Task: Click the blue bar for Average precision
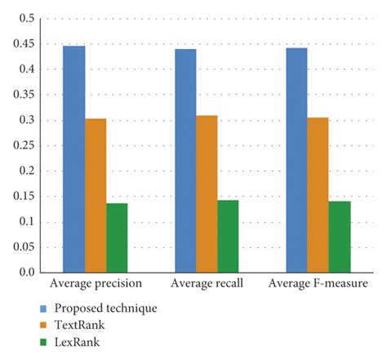73,159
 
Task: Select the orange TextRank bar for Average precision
96,195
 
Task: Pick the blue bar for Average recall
185,161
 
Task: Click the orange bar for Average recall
207,194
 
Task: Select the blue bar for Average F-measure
296,160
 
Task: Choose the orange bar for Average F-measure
318,195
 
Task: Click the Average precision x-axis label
96,284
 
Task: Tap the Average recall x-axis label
207,284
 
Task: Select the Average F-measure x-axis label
319,284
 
